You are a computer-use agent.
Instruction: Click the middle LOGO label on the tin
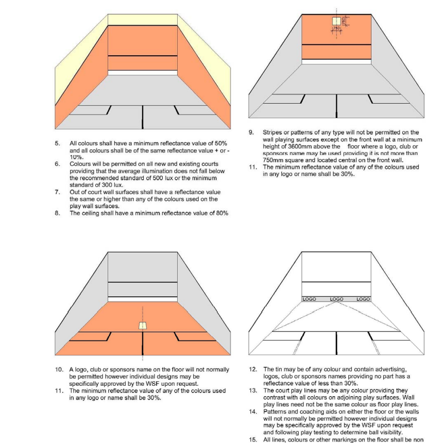[x=336, y=299]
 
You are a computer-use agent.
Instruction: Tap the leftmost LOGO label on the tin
[x=309, y=299]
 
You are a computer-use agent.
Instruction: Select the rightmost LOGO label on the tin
[x=364, y=299]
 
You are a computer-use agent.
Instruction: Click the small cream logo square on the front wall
[x=336, y=21]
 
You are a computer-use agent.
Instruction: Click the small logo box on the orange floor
[x=143, y=325]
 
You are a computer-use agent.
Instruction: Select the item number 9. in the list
[x=252, y=132]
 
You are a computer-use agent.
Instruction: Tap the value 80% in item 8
[x=219, y=213]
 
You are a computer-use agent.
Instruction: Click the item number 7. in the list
[x=58, y=192]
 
